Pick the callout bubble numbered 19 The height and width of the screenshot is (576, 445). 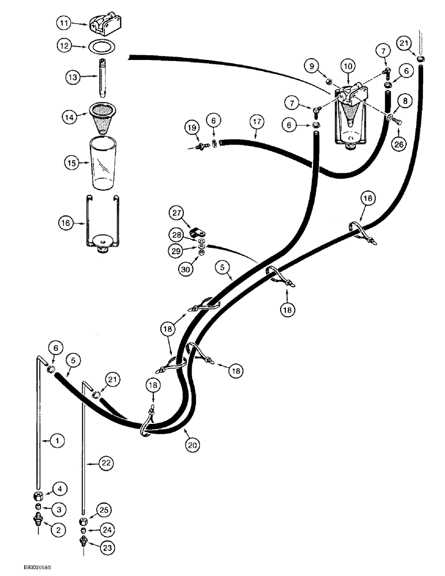pyautogui.click(x=191, y=127)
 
